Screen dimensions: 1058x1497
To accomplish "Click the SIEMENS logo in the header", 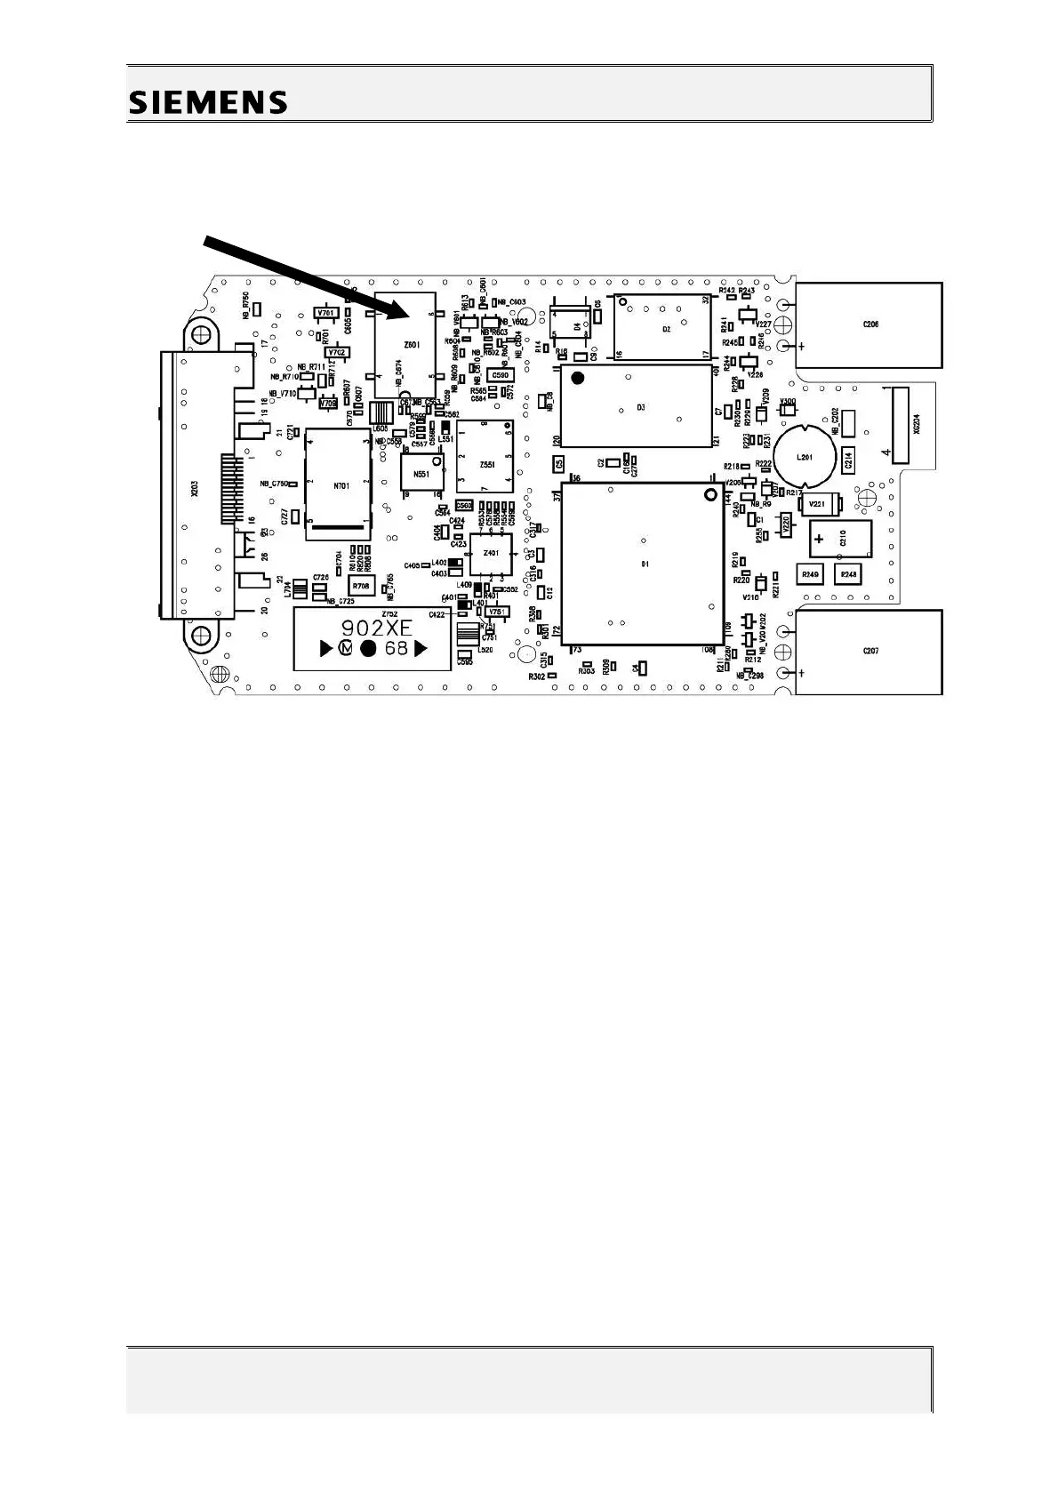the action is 209,102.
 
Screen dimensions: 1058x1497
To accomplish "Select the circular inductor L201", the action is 805,457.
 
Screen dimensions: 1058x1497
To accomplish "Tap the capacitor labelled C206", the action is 869,325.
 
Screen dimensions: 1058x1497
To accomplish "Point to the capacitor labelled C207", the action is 869,652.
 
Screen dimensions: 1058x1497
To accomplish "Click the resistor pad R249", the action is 810,575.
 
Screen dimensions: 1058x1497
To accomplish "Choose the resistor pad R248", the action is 849,575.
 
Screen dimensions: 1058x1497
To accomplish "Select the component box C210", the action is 840,539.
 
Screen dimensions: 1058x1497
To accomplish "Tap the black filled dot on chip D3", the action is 578,379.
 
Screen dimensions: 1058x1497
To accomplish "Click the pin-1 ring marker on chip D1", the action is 709,494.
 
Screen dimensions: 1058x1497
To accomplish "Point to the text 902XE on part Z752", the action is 378,627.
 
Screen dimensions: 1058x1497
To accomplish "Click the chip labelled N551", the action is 421,473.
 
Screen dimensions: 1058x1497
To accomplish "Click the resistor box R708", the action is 361,586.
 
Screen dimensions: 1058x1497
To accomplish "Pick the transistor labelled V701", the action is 325,314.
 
